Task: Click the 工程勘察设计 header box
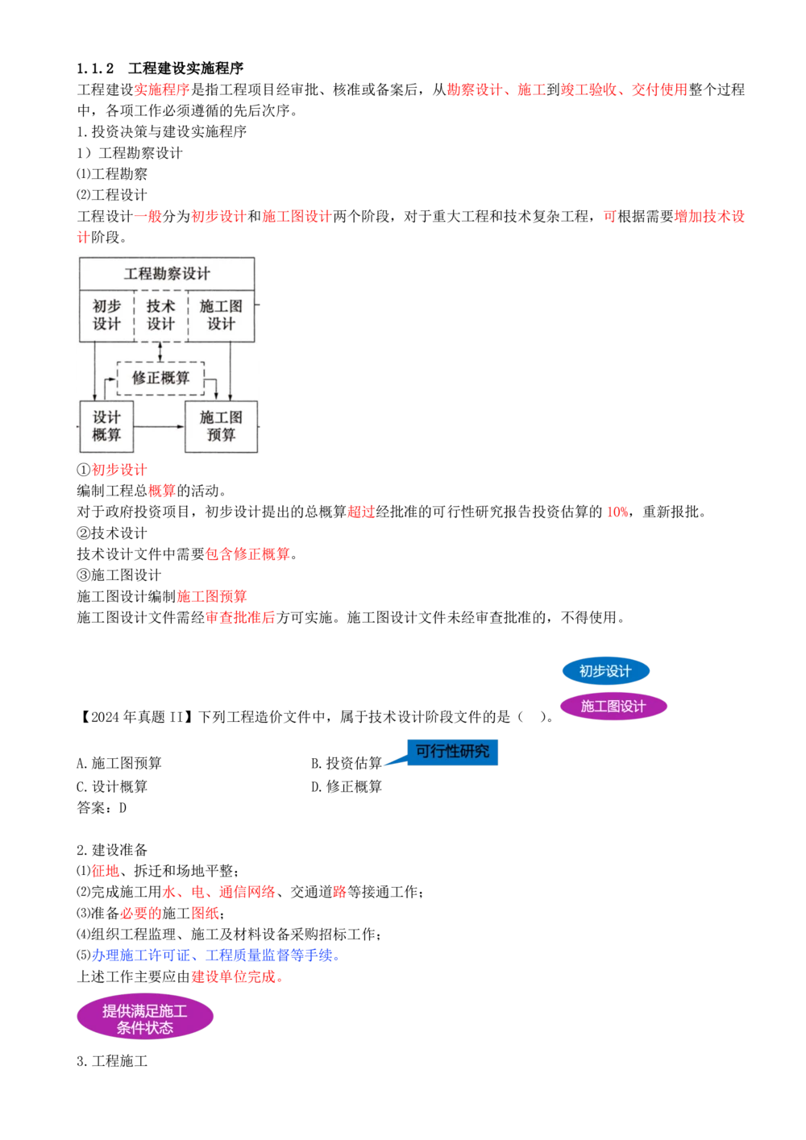pos(167,274)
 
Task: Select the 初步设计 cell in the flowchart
pos(106,316)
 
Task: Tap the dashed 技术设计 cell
pos(160,316)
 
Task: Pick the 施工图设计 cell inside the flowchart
pos(221,316)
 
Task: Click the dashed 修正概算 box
pos(160,378)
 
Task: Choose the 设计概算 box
pos(106,426)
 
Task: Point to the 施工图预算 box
pos(221,426)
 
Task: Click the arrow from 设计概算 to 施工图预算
pos(159,426)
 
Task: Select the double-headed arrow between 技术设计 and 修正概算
pos(160,352)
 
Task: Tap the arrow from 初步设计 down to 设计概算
pos(95,371)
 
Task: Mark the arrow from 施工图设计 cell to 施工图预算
pos(231,371)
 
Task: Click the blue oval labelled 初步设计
pos(605,671)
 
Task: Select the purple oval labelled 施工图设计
pos(613,707)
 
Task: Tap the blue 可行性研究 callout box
pos(452,751)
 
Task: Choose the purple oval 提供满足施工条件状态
pos(145,1018)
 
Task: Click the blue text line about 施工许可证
pos(215,956)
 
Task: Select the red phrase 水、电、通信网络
pos(218,893)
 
